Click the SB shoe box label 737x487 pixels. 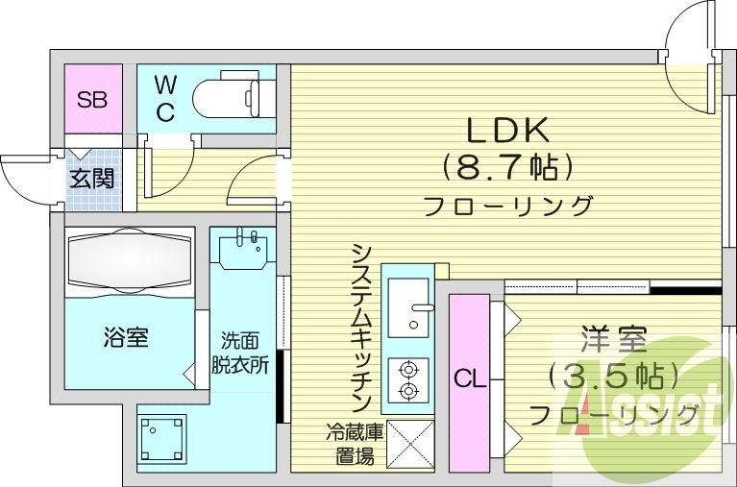click(x=93, y=99)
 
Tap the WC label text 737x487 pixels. click(x=165, y=99)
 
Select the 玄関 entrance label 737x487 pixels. click(x=92, y=178)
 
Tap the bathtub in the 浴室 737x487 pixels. click(x=130, y=260)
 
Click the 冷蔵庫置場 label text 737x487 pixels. click(x=353, y=445)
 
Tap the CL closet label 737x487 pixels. click(x=469, y=379)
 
